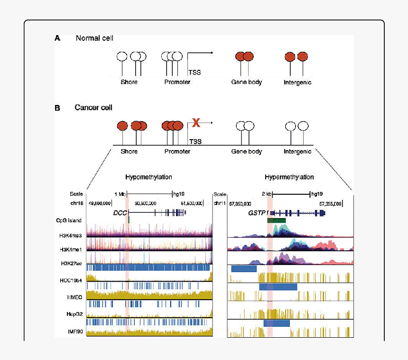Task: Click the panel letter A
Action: (x=57, y=38)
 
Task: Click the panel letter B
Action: (x=57, y=108)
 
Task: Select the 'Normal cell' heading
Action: (x=94, y=38)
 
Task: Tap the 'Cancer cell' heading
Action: (x=93, y=108)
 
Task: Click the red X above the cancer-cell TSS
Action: (x=196, y=123)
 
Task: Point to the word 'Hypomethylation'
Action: (x=148, y=177)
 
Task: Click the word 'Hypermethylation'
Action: (x=289, y=177)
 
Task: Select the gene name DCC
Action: (x=120, y=213)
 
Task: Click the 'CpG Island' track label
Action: (x=68, y=220)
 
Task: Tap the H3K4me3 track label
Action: (x=71, y=235)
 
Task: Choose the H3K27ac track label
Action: (x=71, y=264)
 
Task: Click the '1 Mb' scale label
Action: (x=120, y=194)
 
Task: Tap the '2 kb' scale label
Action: (x=266, y=194)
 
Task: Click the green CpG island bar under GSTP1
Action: (x=276, y=220)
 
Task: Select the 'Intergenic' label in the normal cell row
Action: (x=297, y=82)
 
